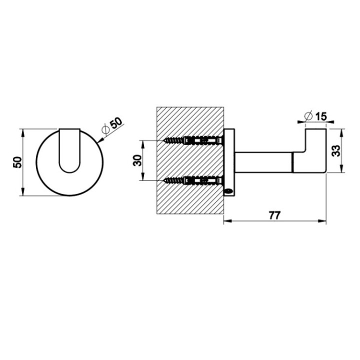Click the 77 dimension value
tap(274, 215)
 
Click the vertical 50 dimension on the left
tap(17, 162)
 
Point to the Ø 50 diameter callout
tap(111, 125)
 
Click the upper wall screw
tap(192, 140)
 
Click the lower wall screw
tap(192, 180)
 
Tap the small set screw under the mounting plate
tap(228, 190)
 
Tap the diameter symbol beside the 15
tap(308, 116)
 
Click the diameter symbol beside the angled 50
tap(105, 129)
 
